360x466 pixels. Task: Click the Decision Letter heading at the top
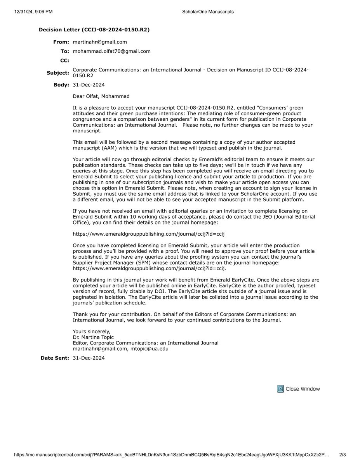pyautogui.click(x=94, y=30)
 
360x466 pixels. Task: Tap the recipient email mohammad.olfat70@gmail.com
pyautogui.click(x=111, y=51)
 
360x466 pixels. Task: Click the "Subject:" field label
pyautogui.click(x=58, y=73)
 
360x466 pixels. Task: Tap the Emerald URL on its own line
pyautogui.click(x=149, y=234)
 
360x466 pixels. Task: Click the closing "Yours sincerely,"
pyautogui.click(x=92, y=331)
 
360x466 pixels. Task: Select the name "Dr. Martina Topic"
pyautogui.click(x=93, y=337)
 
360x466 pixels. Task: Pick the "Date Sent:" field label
pyautogui.click(x=55, y=358)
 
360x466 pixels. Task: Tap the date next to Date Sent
pyautogui.click(x=89, y=358)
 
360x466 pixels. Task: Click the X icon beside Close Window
pyautogui.click(x=280, y=389)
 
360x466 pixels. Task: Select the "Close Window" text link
pyautogui.click(x=303, y=389)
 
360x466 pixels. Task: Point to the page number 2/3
pyautogui.click(x=342, y=454)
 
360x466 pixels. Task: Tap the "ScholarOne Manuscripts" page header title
pyautogui.click(x=208, y=12)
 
